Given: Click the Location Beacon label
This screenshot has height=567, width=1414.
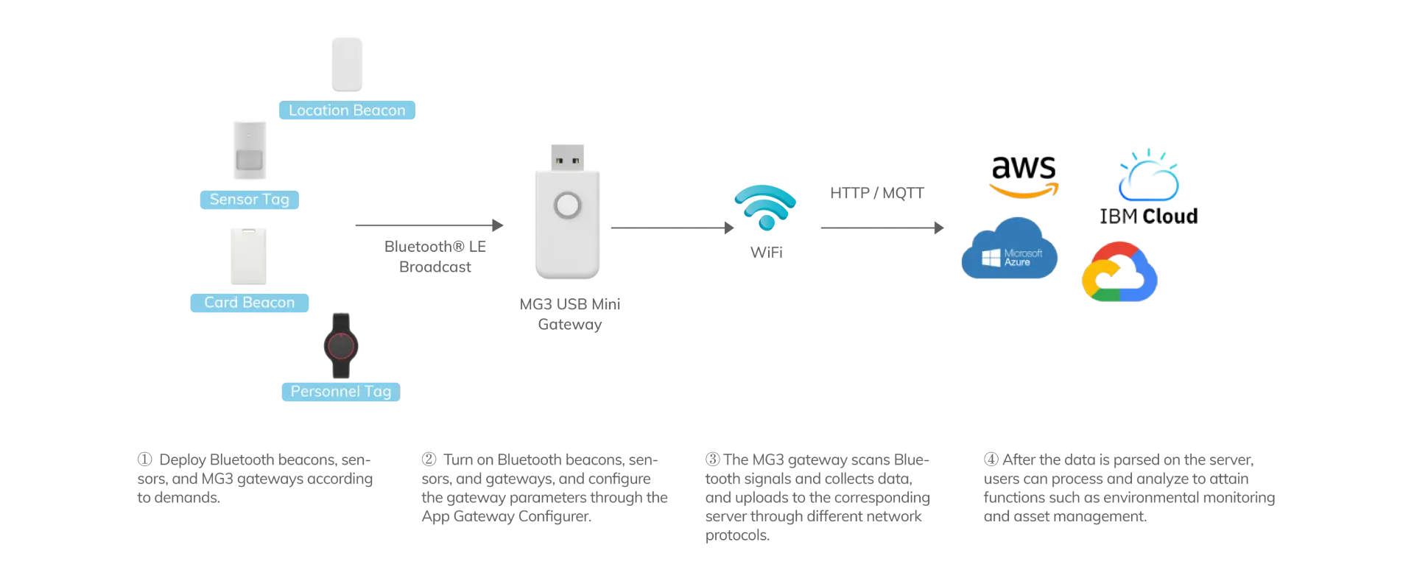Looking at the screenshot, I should (347, 111).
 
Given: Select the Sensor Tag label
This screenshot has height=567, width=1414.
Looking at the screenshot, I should (248, 200).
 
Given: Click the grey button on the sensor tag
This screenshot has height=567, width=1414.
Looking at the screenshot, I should (250, 159).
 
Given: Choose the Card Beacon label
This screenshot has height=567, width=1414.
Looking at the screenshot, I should (249, 303).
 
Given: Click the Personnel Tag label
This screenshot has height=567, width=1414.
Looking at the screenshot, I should (340, 392).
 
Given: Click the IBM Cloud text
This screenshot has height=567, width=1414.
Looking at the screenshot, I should (1149, 216).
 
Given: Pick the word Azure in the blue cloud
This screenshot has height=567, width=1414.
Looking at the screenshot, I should (1017, 262).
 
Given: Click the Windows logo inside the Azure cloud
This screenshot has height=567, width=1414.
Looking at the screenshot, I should (991, 257).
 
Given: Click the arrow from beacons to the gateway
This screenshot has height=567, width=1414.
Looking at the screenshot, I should (427, 227).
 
